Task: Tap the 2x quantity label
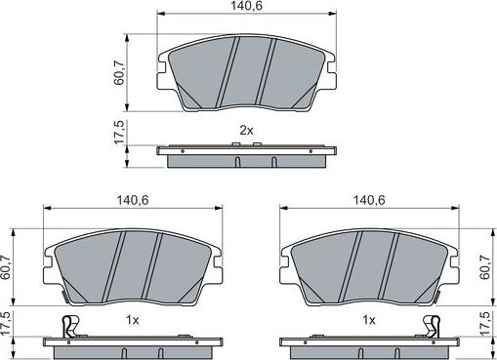(x=248, y=131)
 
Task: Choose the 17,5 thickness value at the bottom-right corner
(x=487, y=324)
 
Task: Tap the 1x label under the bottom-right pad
(x=368, y=320)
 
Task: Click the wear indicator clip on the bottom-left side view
(x=67, y=326)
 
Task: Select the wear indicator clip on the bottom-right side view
(x=431, y=326)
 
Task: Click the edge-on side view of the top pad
(x=247, y=154)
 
